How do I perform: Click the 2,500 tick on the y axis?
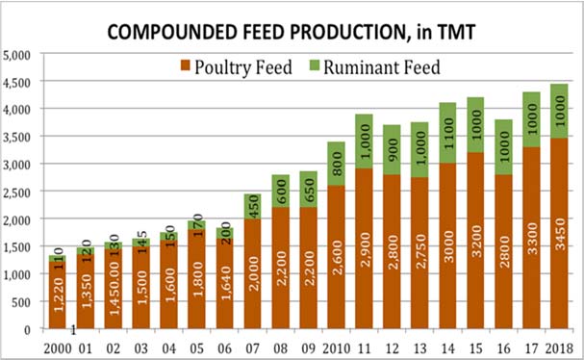coord(19,192)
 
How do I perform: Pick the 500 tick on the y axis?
coord(25,302)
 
